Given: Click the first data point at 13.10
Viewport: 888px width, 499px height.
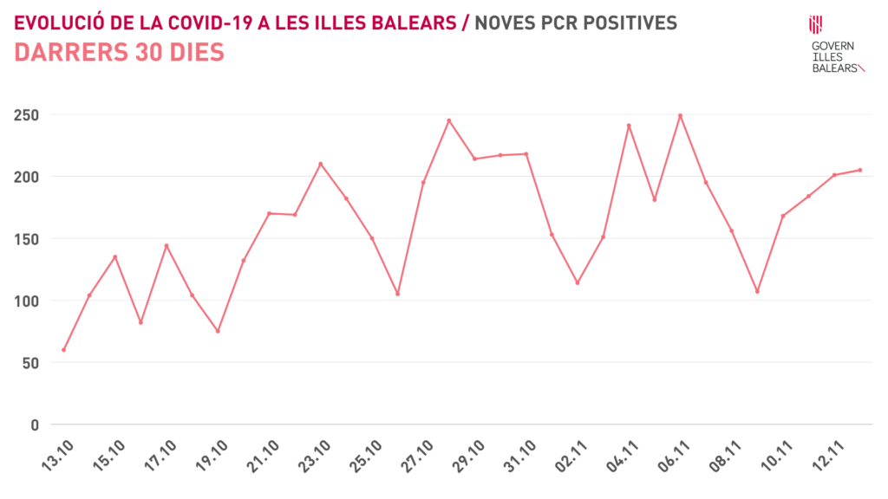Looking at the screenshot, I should pos(63,350).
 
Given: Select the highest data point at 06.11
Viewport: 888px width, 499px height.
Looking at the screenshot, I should pos(680,115).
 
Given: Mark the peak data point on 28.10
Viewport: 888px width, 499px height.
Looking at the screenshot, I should pos(449,120).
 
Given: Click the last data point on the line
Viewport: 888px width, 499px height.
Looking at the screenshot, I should pos(859,170).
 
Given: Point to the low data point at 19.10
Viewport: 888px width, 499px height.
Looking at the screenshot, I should pos(218,331).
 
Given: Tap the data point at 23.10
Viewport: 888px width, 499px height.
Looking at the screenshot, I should pos(320,164).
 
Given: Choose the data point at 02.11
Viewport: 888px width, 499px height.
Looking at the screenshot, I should pos(578,282).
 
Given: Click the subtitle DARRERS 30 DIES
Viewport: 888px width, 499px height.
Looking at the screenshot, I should pos(120,53).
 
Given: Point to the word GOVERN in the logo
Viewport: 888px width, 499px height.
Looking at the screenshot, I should pos(832,45).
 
